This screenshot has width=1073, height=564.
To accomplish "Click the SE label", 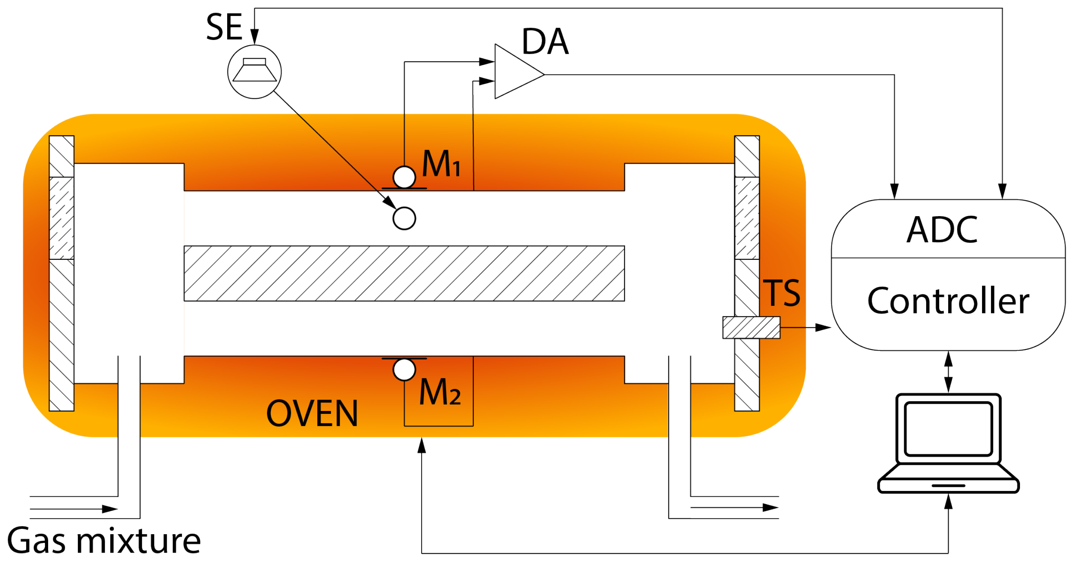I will pos(224,27).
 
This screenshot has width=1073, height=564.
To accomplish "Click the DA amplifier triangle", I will pos(514,72).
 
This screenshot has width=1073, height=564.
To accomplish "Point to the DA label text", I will pos(545,42).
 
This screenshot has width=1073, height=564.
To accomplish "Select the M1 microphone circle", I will pos(404,177).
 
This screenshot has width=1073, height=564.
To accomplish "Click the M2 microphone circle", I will pos(404,369).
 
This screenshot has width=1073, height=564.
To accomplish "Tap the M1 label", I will pos(441,164).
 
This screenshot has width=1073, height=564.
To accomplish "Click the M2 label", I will pos(440,392).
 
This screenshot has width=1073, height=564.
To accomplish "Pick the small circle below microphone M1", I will pos(404,218).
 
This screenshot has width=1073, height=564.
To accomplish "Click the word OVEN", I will pos(312,414).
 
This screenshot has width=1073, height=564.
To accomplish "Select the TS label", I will pos(781,293).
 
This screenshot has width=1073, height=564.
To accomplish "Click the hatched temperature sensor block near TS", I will pos(751,327).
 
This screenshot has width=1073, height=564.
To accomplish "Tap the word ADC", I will pos(942,230).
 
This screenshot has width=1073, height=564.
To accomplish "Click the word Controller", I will pos(948,301).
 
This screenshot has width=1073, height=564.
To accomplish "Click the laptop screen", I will pos(948,429).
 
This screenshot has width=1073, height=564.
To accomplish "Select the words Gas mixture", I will pos(104,541).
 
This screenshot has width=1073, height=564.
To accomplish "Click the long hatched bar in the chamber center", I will pos(404,273).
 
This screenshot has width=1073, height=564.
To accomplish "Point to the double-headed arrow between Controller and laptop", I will pos(949,372).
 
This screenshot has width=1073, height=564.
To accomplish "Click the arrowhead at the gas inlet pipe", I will pos(110,509).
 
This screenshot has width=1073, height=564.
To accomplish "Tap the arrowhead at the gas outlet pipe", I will pos(770,507).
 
